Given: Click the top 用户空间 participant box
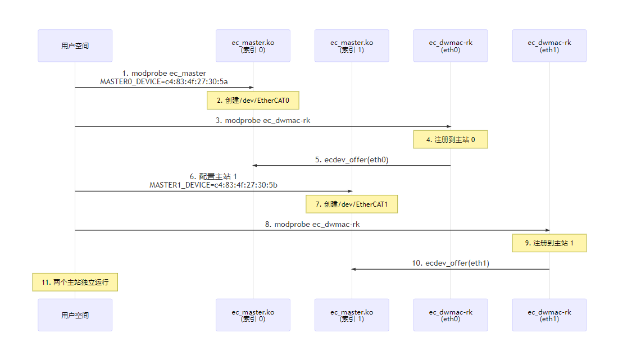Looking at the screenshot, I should (x=75, y=45).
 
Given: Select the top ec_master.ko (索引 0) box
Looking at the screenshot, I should (x=253, y=45).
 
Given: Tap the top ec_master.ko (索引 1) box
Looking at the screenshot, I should (x=352, y=45).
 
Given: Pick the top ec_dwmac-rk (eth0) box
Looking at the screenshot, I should (x=451, y=45).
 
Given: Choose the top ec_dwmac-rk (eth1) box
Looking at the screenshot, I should (x=549, y=45).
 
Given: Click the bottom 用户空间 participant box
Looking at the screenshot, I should (x=75, y=315).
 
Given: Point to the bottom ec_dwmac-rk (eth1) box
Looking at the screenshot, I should (x=549, y=315).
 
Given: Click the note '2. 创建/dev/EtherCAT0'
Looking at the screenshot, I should (x=253, y=101).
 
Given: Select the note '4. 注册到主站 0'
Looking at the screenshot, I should (x=451, y=140).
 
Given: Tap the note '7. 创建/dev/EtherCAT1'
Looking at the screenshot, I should (x=352, y=204).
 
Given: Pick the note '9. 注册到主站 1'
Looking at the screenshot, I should (x=549, y=243).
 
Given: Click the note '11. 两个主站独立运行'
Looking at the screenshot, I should (x=75, y=282).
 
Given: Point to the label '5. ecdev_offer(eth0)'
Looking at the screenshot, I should (x=352, y=160).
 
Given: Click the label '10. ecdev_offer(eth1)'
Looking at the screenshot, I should (x=451, y=263).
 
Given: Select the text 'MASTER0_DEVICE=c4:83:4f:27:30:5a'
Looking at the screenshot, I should (x=164, y=81).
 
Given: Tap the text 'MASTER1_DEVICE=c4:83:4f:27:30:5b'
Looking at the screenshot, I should (x=213, y=185).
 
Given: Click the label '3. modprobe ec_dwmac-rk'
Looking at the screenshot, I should (x=263, y=120).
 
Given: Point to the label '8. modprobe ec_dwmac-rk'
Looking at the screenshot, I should (x=312, y=224).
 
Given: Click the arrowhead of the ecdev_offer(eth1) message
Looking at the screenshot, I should (x=354, y=269).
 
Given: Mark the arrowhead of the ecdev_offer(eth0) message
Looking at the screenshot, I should (x=255, y=165).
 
